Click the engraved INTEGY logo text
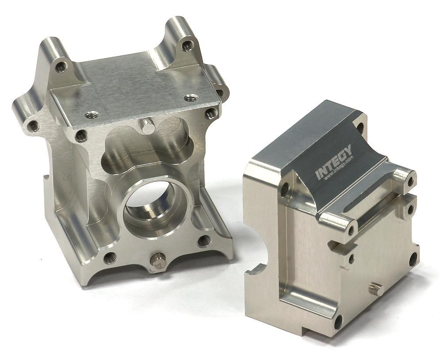tap(334, 162)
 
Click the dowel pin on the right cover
tap(374, 289)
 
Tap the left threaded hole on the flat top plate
tap(92, 115)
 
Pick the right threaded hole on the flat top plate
tap(191, 97)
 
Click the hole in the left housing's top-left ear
tap(61, 67)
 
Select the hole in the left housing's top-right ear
tap(187, 45)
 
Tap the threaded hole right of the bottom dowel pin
tap(204, 241)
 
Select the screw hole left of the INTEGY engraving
tap(285, 189)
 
